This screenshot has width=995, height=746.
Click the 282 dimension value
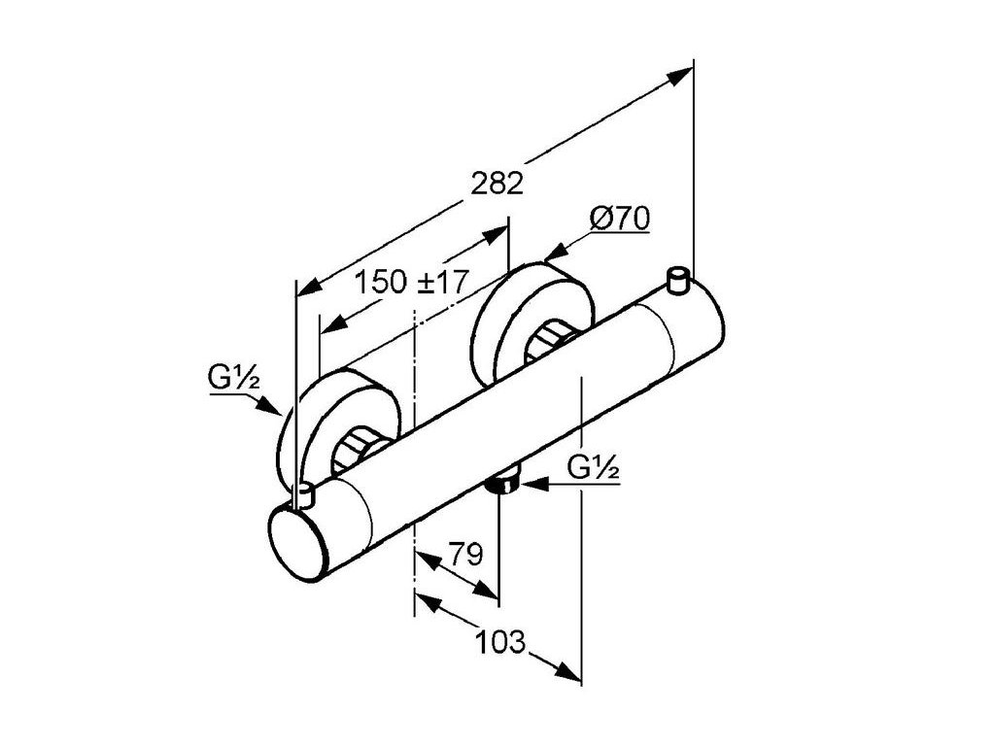click(497, 183)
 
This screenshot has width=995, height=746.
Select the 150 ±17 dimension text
click(411, 283)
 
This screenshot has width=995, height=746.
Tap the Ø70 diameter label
click(619, 220)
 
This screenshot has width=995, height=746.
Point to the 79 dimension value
click(466, 555)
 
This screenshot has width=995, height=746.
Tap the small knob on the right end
click(679, 281)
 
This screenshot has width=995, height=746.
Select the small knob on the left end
click(304, 495)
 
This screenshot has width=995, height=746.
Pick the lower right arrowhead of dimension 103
click(569, 673)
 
